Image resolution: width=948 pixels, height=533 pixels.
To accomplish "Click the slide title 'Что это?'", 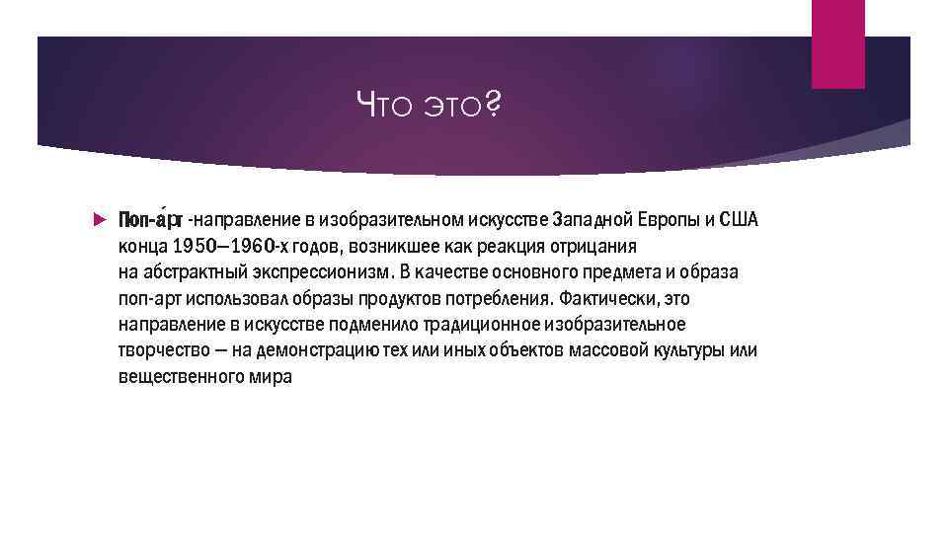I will coord(429,101).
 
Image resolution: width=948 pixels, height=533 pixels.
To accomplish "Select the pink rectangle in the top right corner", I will coord(837,43).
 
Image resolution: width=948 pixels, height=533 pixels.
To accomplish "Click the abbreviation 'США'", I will coord(738,218).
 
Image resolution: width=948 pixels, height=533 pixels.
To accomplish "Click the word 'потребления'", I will coord(501,298).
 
